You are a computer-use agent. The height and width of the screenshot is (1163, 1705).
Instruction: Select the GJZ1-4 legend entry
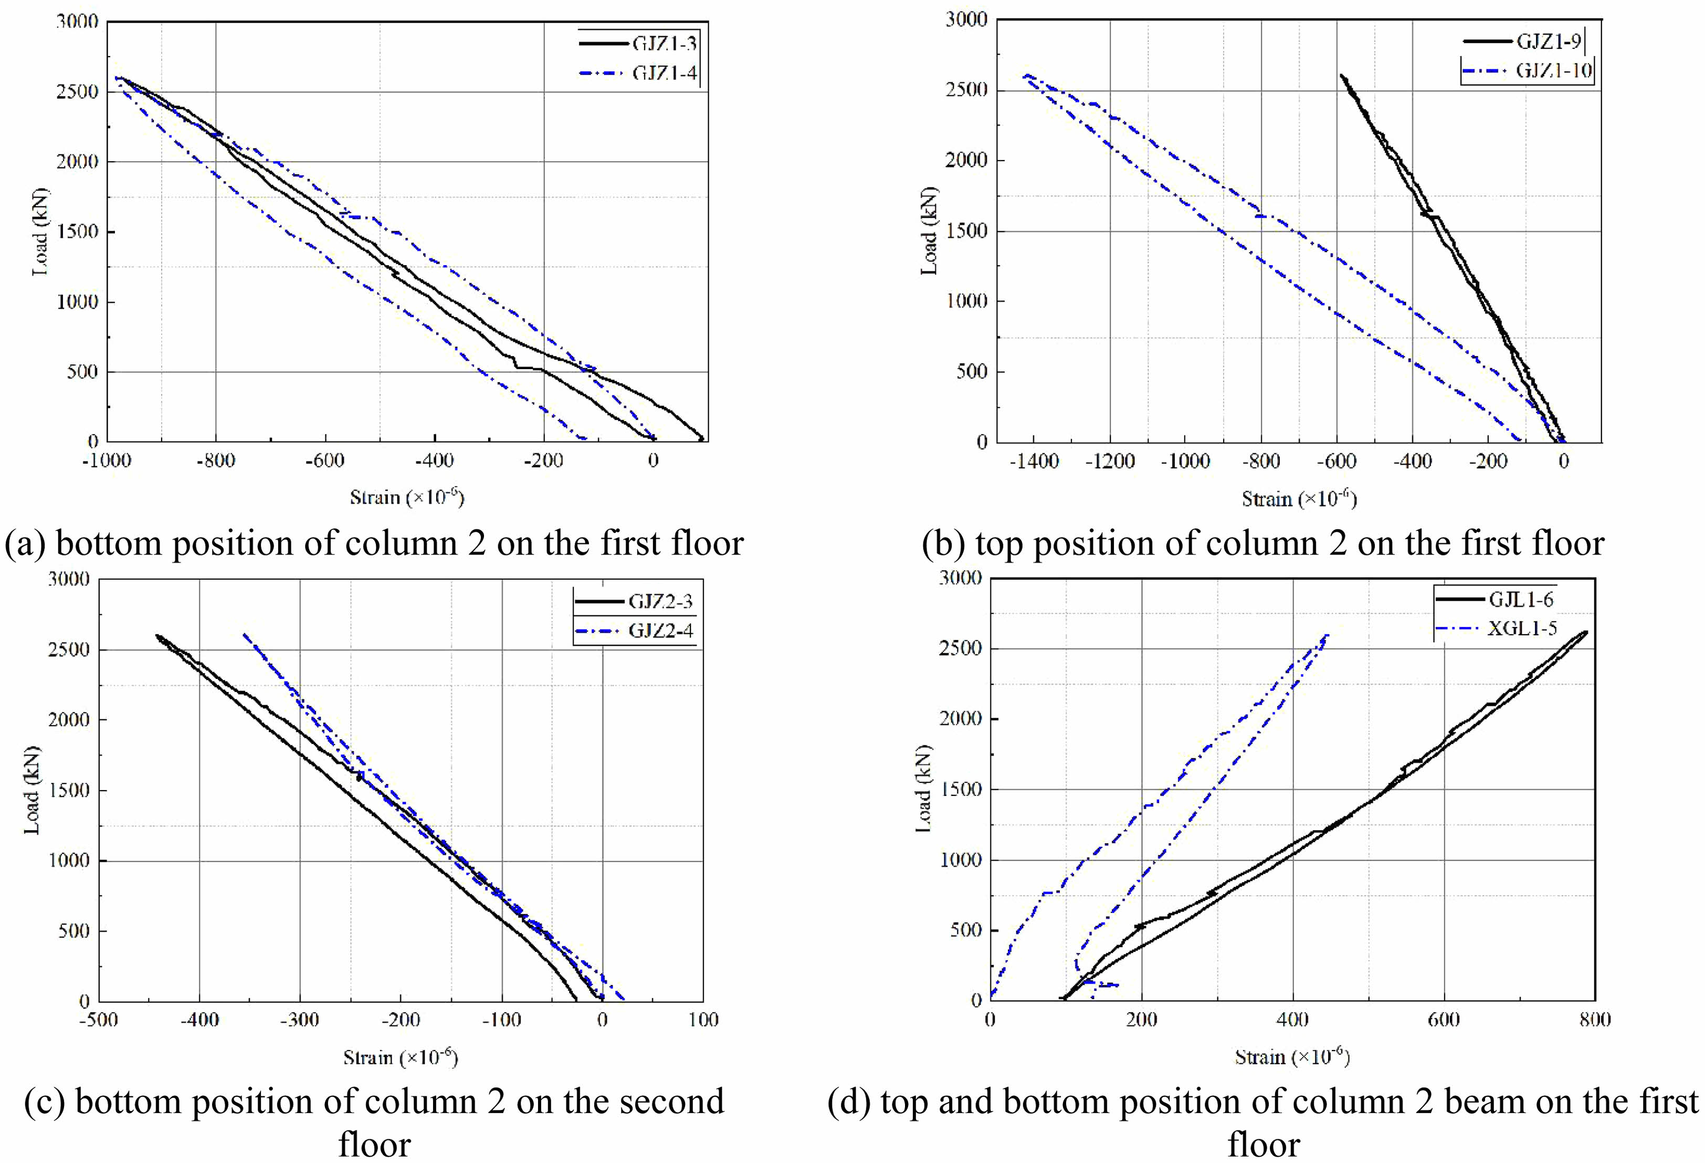[664, 74]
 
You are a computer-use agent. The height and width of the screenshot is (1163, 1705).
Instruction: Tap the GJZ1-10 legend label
[1554, 71]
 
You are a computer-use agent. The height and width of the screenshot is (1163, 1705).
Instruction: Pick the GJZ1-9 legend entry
[1548, 42]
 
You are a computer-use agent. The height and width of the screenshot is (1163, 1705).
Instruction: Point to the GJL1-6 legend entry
[1520, 600]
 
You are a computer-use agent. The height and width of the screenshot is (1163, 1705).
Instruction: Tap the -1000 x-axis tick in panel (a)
[107, 461]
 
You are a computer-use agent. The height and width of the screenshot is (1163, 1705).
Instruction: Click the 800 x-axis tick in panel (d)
[1595, 1020]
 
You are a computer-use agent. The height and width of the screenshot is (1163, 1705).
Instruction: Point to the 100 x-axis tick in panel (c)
[703, 1020]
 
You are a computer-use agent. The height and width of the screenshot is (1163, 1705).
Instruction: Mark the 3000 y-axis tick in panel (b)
[967, 20]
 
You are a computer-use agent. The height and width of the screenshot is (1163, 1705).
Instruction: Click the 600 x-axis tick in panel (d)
[1444, 1020]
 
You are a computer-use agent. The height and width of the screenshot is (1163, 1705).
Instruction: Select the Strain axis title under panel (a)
[406, 497]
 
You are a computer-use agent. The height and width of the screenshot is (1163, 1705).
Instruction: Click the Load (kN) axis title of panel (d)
[925, 789]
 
